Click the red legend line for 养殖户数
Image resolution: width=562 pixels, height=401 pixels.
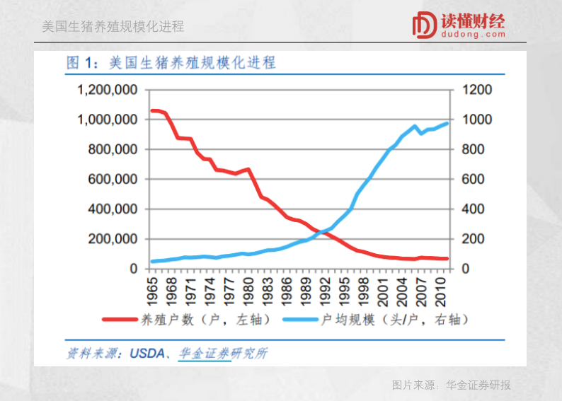pos(122,320)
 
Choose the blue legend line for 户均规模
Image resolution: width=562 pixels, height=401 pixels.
pos(301,320)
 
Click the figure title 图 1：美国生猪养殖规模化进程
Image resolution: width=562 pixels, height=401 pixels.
pos(171,63)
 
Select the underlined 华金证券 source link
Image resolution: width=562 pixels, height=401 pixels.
pos(204,353)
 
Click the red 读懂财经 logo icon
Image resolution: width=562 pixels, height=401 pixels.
pos(424,25)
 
